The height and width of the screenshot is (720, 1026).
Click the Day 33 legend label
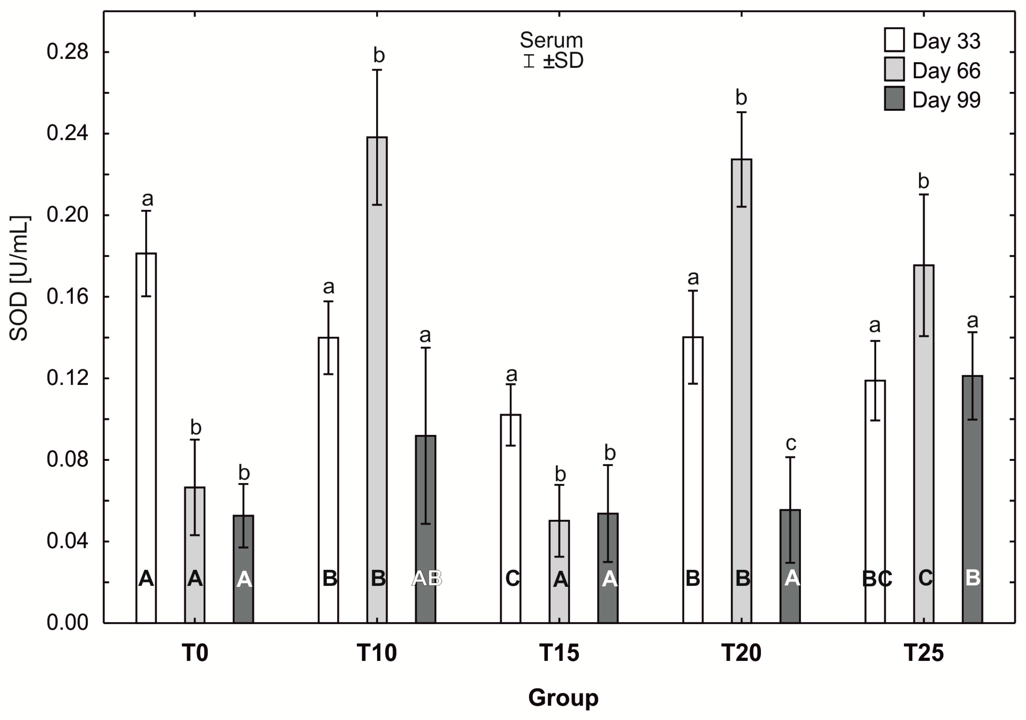(946, 41)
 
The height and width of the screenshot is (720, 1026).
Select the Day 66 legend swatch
(894, 69)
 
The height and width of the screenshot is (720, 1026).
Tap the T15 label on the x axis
(559, 653)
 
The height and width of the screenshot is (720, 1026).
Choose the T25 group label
(924, 653)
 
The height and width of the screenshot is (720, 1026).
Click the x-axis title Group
(563, 698)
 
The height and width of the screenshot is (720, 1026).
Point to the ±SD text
(563, 61)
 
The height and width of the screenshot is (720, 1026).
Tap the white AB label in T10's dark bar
(426, 578)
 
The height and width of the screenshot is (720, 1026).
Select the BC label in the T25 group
(877, 579)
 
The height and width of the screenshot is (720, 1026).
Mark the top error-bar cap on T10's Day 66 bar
(377, 70)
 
